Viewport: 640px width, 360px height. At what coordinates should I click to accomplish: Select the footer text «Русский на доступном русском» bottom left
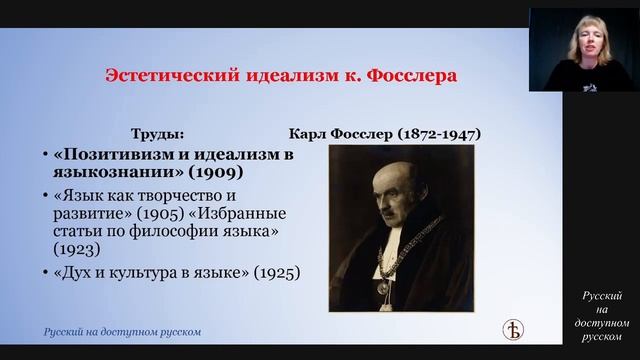click(x=121, y=331)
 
